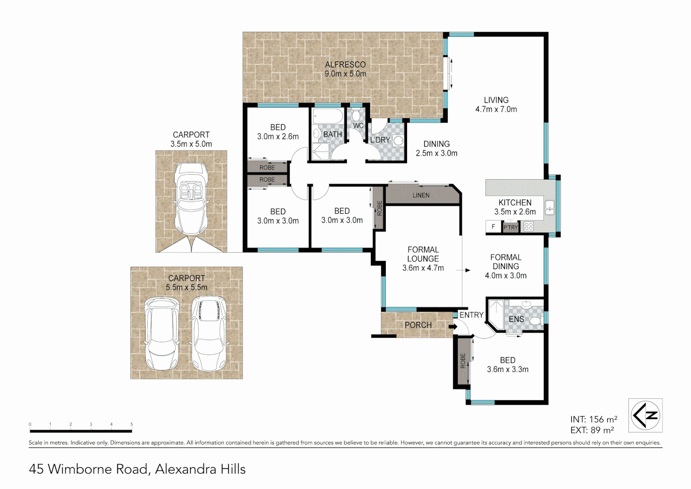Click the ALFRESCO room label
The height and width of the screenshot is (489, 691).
point(345,65)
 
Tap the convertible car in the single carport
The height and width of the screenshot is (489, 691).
point(191,199)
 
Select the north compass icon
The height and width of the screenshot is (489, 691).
point(645,415)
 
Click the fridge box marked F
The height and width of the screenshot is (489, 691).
point(494,226)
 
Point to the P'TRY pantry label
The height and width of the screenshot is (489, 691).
point(510,227)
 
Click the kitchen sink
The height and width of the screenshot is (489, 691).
point(550,207)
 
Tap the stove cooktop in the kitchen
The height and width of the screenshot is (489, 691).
point(528,227)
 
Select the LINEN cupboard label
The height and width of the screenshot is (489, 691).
point(421,195)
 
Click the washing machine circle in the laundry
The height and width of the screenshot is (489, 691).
point(398,141)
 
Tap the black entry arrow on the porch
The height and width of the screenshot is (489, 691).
point(451,326)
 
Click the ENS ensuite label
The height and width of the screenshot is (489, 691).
point(516,319)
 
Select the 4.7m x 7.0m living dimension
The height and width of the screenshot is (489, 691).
point(496,109)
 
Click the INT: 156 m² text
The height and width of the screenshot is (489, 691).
point(594,419)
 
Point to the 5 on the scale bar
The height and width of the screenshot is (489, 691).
point(132,425)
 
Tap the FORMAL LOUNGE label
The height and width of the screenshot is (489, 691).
point(423,254)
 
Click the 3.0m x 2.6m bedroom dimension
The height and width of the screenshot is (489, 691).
point(278,136)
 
